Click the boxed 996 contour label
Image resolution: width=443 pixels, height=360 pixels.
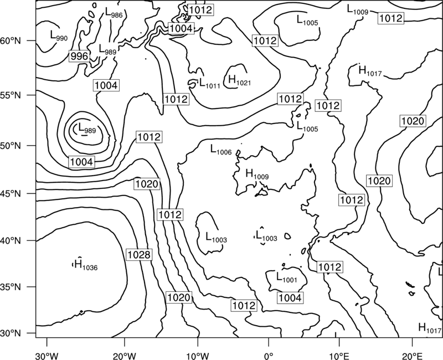tap(79, 56)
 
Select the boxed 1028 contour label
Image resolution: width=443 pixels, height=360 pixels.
tap(139, 255)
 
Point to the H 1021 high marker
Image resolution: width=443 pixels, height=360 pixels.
tap(239, 80)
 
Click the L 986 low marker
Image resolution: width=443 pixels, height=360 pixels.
tap(114, 12)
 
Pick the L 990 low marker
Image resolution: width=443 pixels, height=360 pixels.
tap(59, 35)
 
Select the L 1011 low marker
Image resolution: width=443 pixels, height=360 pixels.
tap(210, 84)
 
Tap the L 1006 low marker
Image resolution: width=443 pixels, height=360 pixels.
tap(221, 150)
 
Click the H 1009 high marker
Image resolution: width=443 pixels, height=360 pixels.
tap(257, 174)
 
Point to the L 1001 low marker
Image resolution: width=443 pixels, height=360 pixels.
tap(286, 277)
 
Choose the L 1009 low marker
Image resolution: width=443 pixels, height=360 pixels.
tap(358, 9)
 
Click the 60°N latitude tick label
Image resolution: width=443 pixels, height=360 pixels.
tap(11, 40)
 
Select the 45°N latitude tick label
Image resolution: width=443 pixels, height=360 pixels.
tap(11, 193)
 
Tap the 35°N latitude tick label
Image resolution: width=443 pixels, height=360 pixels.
tap(11, 287)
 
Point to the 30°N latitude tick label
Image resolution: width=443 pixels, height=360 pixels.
tap(11, 333)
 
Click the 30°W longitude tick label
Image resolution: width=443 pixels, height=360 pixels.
tap(47, 356)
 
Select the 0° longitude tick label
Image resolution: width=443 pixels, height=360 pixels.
tap(269, 356)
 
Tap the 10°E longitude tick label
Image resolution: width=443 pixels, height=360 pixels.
tap(339, 356)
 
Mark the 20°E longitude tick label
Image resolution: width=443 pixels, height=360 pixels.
tap(412, 356)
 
